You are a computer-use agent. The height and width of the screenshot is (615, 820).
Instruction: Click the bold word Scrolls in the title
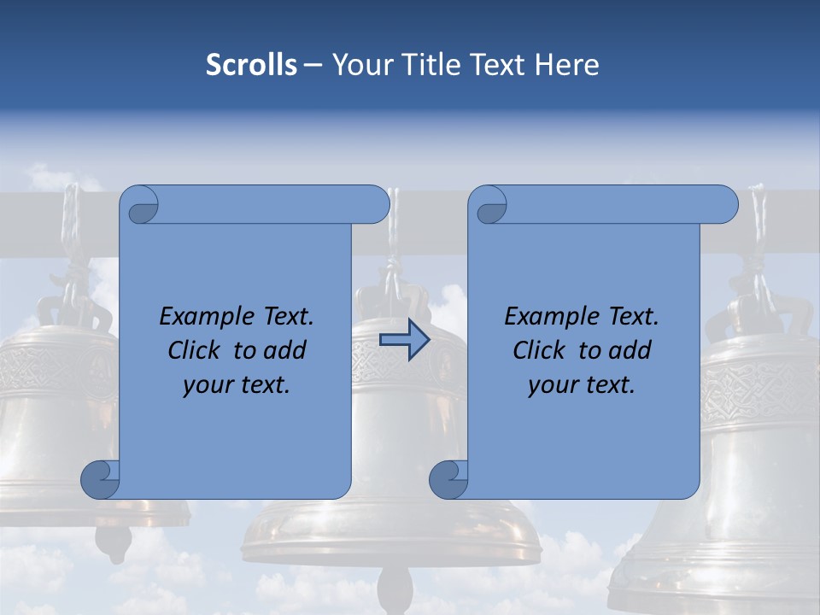click(251, 65)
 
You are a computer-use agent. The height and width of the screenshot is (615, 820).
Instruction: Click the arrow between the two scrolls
click(404, 340)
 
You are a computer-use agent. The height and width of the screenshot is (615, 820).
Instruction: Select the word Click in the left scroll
click(194, 350)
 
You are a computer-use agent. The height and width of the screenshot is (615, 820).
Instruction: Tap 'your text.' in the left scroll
click(237, 384)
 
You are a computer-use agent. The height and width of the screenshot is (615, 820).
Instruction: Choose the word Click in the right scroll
click(539, 350)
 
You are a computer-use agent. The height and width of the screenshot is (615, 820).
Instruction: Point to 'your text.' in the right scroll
click(582, 384)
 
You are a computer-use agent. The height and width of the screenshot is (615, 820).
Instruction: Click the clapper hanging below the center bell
click(393, 589)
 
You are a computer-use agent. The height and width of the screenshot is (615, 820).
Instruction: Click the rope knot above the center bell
click(393, 272)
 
